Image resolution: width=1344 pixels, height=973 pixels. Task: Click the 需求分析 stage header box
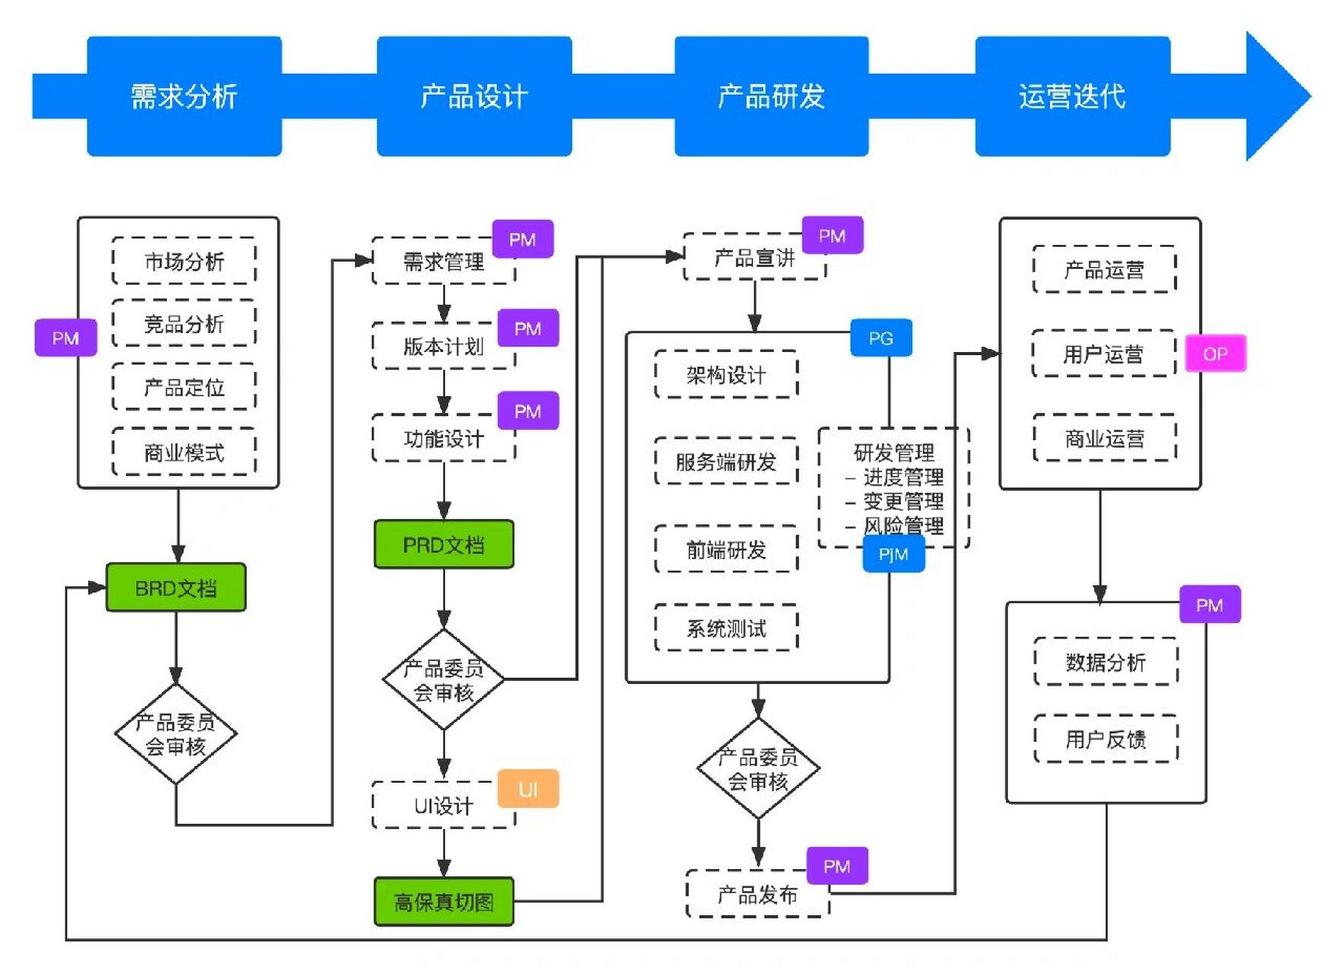(184, 97)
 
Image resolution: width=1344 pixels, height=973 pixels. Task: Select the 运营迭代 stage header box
(1072, 97)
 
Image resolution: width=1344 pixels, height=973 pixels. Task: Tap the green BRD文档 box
(176, 588)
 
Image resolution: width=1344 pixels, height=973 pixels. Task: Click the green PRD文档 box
(444, 544)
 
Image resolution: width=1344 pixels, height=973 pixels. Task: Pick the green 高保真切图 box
(444, 902)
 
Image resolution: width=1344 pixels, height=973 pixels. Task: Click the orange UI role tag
(528, 789)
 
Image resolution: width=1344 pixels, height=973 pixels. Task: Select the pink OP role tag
(1215, 353)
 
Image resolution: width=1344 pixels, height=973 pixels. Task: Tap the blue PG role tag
(881, 338)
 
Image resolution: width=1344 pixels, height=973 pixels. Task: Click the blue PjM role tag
(893, 554)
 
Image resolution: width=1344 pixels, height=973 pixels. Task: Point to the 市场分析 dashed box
(184, 261)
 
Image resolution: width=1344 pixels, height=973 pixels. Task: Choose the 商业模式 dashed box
(184, 452)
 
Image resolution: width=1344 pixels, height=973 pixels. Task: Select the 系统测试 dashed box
(726, 628)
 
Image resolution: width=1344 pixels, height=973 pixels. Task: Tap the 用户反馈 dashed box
(1105, 739)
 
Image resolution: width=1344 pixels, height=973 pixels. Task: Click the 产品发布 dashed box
(757, 895)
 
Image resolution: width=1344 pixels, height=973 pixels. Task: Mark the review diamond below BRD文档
(176, 734)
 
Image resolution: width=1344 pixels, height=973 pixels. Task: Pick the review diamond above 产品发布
(757, 769)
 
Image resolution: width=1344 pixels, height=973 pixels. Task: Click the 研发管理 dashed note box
(893, 487)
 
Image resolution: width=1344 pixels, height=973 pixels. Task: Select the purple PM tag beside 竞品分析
(65, 338)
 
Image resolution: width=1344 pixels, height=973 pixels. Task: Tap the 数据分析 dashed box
(1105, 662)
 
